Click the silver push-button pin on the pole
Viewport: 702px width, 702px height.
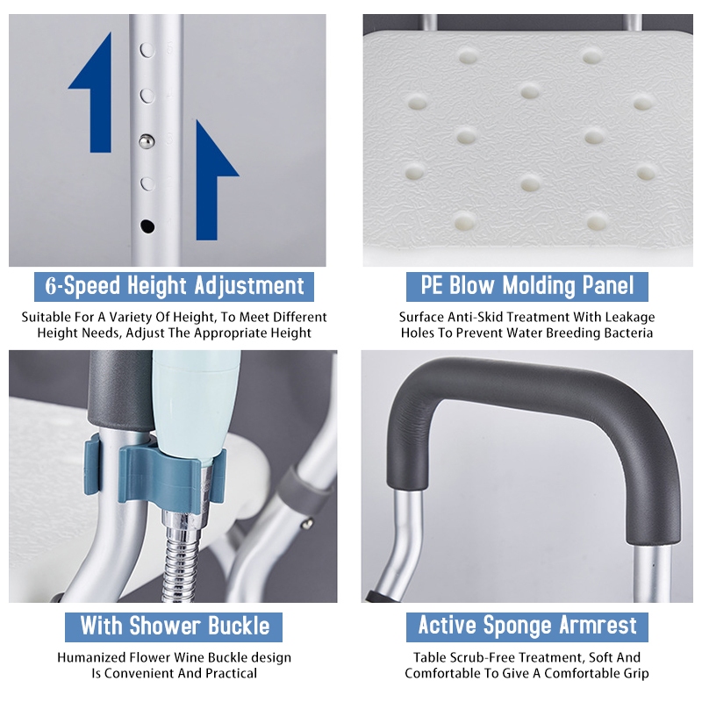[x=147, y=141]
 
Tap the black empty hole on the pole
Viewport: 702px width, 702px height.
[x=147, y=226]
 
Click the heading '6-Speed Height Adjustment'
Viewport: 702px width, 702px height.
[x=174, y=286]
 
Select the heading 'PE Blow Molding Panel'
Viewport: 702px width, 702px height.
[x=527, y=286]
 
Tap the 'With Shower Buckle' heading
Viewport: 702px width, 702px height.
[x=175, y=626]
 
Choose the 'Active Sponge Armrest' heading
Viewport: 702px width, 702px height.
[x=527, y=626]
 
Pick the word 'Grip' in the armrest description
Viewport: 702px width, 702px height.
[x=635, y=674]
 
